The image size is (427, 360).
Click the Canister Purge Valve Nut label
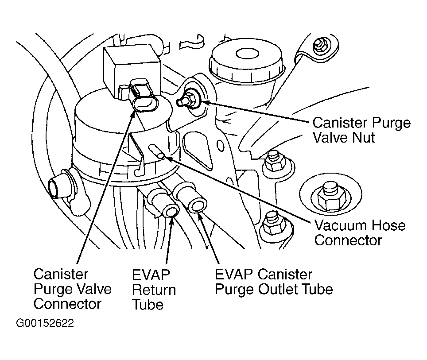(361, 130)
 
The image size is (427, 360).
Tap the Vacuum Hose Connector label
(360, 233)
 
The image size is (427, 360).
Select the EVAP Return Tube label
(154, 290)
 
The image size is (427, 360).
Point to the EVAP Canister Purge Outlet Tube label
(274, 282)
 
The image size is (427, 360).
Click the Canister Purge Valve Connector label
(73, 289)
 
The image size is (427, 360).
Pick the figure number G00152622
(45, 323)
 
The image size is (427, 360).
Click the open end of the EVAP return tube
(172, 212)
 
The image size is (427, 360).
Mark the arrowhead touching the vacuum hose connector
(168, 157)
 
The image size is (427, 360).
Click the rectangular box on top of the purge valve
(132, 71)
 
